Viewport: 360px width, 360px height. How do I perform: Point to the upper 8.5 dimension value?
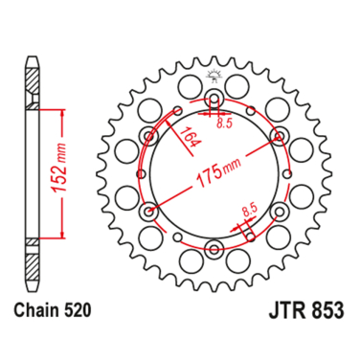[x=224, y=124]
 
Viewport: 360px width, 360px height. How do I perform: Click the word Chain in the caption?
[x=37, y=313]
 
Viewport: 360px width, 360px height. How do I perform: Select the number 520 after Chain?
[x=80, y=313]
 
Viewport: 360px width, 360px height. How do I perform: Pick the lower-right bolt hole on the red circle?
[x=278, y=210]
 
